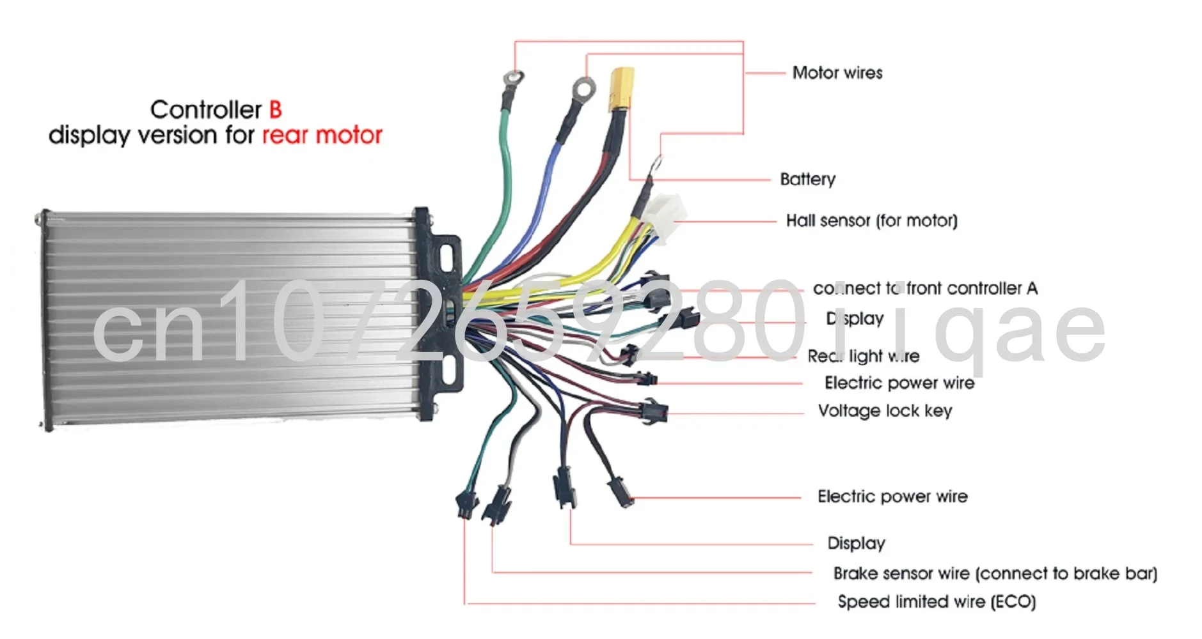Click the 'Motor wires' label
tap(837, 73)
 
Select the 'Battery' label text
tap(807, 179)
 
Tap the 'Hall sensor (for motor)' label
tap(871, 220)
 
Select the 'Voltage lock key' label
tap(885, 410)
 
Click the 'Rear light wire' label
tap(863, 356)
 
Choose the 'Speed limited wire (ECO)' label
tap(936, 601)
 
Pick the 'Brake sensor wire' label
tap(995, 573)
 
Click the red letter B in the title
tap(275, 110)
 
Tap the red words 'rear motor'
tap(322, 135)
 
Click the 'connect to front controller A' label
tap(924, 288)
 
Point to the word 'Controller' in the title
tap(206, 110)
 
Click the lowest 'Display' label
tap(856, 543)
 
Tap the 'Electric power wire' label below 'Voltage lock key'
tap(892, 497)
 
